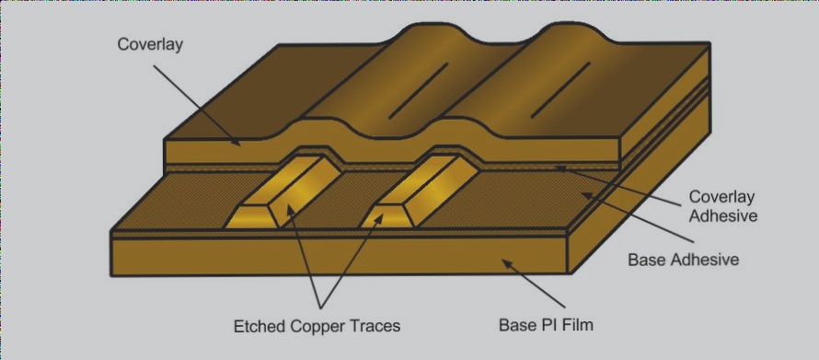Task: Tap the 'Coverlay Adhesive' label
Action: (x=722, y=207)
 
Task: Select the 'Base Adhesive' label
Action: (x=683, y=260)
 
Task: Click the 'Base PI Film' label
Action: (x=551, y=325)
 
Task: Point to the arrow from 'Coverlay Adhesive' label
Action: (x=626, y=184)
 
